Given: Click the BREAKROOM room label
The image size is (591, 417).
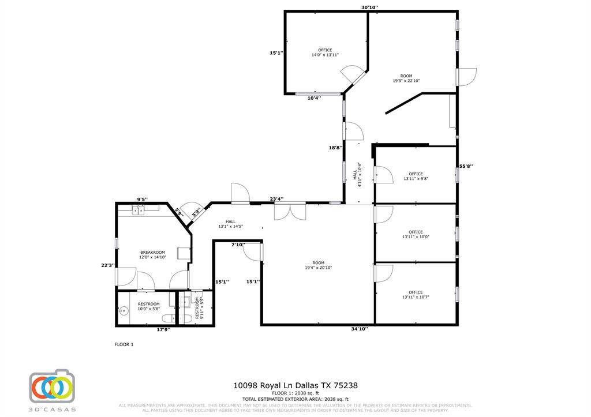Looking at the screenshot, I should [x=152, y=254].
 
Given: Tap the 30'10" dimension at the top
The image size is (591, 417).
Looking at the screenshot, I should [x=369, y=7].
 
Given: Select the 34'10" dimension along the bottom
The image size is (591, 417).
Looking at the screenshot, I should [x=359, y=329].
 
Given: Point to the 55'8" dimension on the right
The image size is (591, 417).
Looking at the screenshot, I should [x=466, y=166].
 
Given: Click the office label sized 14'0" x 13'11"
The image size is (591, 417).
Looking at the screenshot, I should [x=325, y=52].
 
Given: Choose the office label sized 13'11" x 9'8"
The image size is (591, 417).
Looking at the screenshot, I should [x=416, y=176].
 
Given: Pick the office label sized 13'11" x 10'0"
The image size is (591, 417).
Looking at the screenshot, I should [x=416, y=234].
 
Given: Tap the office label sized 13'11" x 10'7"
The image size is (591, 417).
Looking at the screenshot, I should [x=416, y=294].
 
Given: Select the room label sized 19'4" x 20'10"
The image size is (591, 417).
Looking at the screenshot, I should [x=319, y=265].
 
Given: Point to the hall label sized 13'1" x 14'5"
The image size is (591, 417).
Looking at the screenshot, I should [x=230, y=224].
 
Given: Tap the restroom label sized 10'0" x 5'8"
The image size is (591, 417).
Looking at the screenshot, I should [x=148, y=306].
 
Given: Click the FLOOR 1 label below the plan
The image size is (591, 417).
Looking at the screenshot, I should [x=124, y=344].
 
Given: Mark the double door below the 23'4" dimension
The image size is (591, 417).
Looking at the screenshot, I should [x=290, y=211].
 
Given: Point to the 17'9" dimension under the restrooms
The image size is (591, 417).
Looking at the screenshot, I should [x=163, y=329].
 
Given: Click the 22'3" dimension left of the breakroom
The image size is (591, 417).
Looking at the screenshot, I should [x=108, y=265].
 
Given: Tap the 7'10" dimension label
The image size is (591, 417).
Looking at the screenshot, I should [x=238, y=245].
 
